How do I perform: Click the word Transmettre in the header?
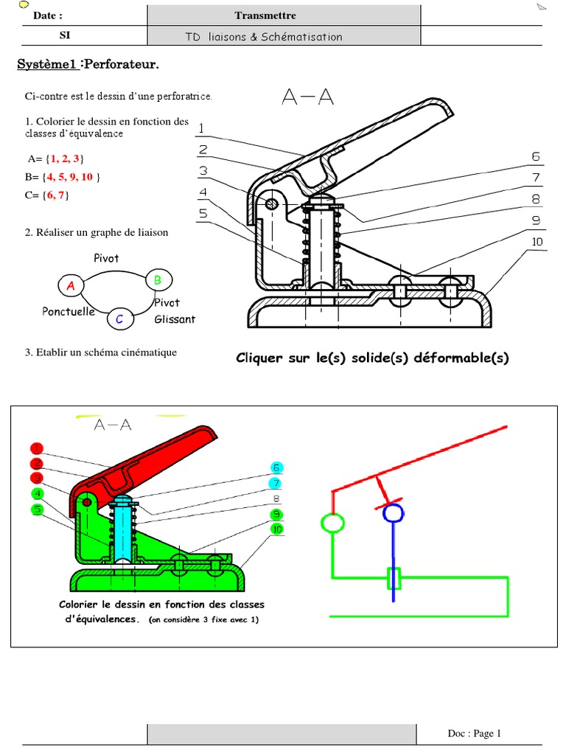click(x=265, y=15)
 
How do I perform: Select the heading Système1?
click(x=47, y=66)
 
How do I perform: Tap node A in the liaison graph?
click(x=71, y=285)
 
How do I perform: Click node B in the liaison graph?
click(x=157, y=279)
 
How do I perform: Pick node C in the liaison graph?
click(x=120, y=319)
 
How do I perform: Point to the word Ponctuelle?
click(x=69, y=312)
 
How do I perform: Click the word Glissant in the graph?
click(x=175, y=319)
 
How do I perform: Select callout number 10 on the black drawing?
click(x=537, y=242)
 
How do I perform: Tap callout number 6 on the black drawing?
click(x=536, y=156)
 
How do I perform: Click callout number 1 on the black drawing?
click(x=200, y=128)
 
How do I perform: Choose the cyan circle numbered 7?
click(x=276, y=484)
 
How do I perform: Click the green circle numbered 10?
click(x=276, y=529)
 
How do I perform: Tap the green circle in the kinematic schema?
click(x=332, y=523)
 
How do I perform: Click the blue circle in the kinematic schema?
click(x=394, y=512)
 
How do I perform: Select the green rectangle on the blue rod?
click(x=394, y=579)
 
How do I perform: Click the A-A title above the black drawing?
click(x=307, y=97)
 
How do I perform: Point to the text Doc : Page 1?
click(x=474, y=733)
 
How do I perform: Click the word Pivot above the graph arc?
click(x=106, y=259)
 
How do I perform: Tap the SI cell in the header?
click(x=65, y=35)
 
